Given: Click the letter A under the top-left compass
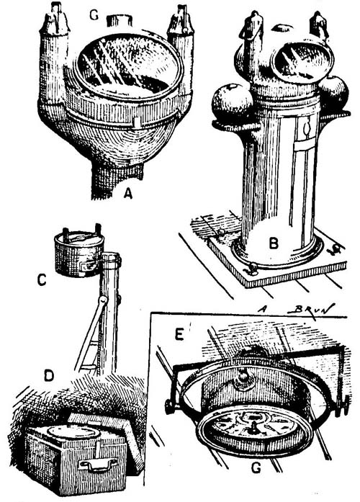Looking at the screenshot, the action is (128, 193).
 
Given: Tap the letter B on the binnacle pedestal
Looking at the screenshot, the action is (274, 243).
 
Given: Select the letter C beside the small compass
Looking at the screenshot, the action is (42, 279).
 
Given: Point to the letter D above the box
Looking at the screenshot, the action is (49, 375).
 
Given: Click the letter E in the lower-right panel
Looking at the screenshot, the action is (179, 334).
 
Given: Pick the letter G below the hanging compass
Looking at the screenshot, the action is (256, 468).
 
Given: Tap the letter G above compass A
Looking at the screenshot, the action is (94, 14).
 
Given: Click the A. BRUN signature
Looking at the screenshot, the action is (296, 308).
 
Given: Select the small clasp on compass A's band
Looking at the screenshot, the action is (136, 122).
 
